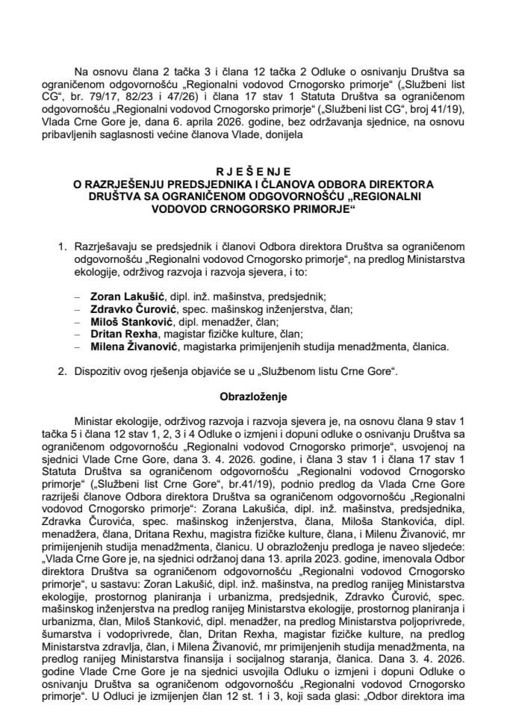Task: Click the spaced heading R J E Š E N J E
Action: (252, 170)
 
